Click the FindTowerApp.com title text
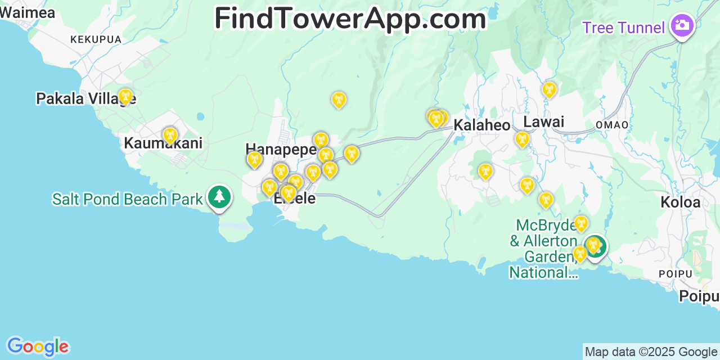(x=350, y=19)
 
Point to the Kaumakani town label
(x=163, y=143)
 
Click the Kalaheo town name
(x=482, y=125)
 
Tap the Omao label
(x=611, y=125)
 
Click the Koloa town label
(x=681, y=202)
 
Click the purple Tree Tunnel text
(x=623, y=27)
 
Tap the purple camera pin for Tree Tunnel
(x=682, y=25)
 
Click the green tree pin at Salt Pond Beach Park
(x=219, y=197)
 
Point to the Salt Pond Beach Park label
(x=127, y=199)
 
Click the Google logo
(x=37, y=346)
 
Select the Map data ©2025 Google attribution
(x=651, y=352)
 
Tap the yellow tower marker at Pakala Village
(x=125, y=96)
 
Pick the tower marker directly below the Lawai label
(x=522, y=138)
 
